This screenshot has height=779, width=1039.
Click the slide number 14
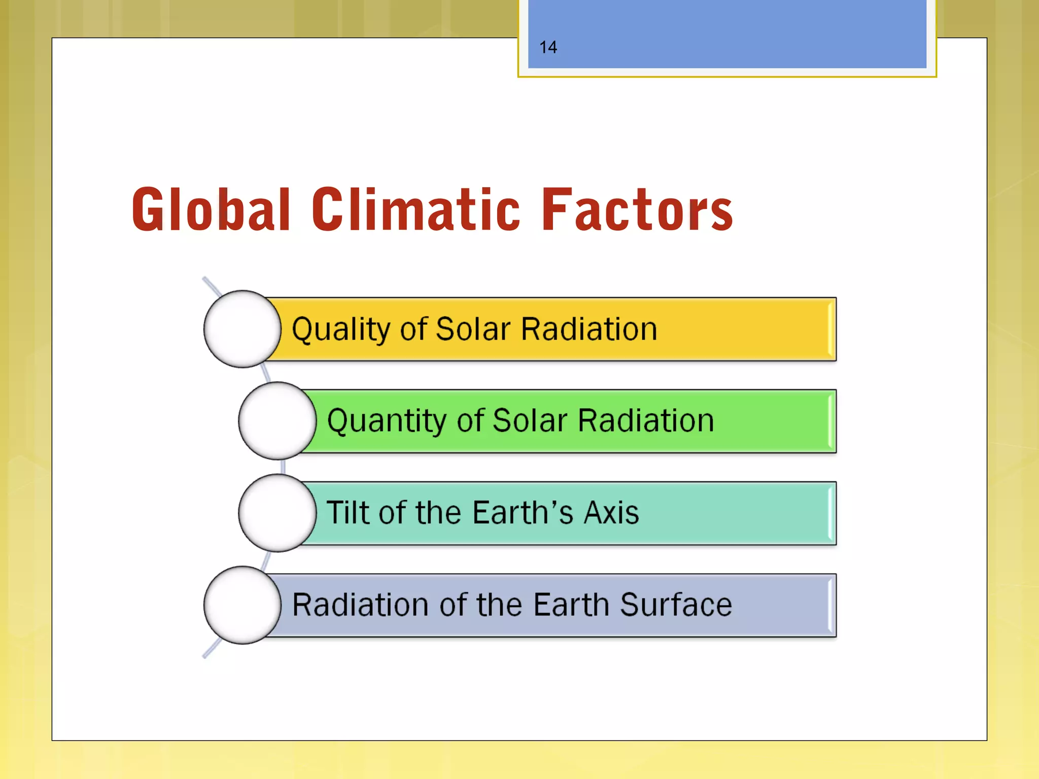(x=548, y=48)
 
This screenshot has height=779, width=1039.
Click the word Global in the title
(x=211, y=209)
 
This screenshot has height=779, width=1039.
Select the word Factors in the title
(x=637, y=209)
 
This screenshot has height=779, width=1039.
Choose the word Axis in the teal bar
(x=611, y=513)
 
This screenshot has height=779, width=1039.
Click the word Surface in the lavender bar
(x=676, y=605)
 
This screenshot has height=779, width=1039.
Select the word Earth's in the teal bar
(x=523, y=513)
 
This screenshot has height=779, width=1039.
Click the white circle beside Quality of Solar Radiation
(x=242, y=329)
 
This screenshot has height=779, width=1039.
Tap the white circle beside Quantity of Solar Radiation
(x=277, y=421)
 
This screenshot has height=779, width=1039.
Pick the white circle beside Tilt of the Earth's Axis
(x=277, y=513)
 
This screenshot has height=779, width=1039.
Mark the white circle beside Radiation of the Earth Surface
(x=242, y=605)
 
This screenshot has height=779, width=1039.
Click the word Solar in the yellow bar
(x=473, y=330)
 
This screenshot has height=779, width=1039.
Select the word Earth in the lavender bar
(x=571, y=605)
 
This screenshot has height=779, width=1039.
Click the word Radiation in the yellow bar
(x=589, y=330)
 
